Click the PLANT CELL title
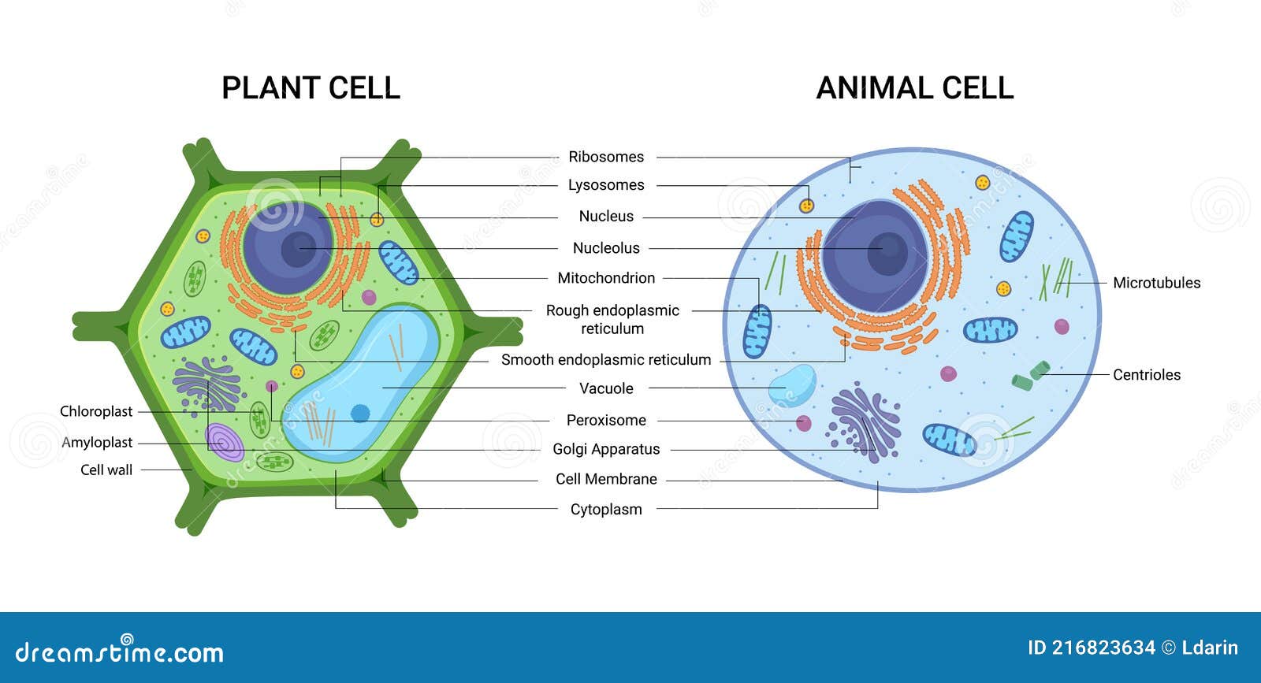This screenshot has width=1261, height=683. pyautogui.click(x=311, y=88)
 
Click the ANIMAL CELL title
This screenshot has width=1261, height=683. pyautogui.click(x=915, y=88)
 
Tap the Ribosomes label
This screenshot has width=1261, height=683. pyautogui.click(x=606, y=157)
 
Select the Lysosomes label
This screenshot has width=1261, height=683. pyautogui.click(x=606, y=185)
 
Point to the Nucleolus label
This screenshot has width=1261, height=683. pyautogui.click(x=606, y=248)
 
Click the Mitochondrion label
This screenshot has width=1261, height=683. pyautogui.click(x=606, y=278)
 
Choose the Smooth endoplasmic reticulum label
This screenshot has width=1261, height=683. pyautogui.click(x=606, y=359)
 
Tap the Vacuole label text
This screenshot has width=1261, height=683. pyautogui.click(x=606, y=388)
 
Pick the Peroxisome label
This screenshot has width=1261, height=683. pyautogui.click(x=606, y=420)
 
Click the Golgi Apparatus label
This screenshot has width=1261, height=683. pyautogui.click(x=606, y=449)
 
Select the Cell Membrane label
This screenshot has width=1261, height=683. pyautogui.click(x=606, y=479)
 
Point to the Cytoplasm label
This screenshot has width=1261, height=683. pyautogui.click(x=606, y=509)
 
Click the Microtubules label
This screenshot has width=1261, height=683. pyautogui.click(x=1156, y=283)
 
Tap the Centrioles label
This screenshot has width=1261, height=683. pyautogui.click(x=1146, y=375)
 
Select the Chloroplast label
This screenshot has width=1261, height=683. pyautogui.click(x=95, y=411)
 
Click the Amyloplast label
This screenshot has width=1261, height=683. pyautogui.click(x=97, y=442)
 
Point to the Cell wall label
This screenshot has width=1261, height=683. pyautogui.click(x=106, y=470)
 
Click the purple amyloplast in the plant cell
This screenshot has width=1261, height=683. pyautogui.click(x=224, y=442)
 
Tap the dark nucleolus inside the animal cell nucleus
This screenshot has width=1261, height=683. pyautogui.click(x=887, y=254)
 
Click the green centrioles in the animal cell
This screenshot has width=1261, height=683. pyautogui.click(x=1031, y=376)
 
